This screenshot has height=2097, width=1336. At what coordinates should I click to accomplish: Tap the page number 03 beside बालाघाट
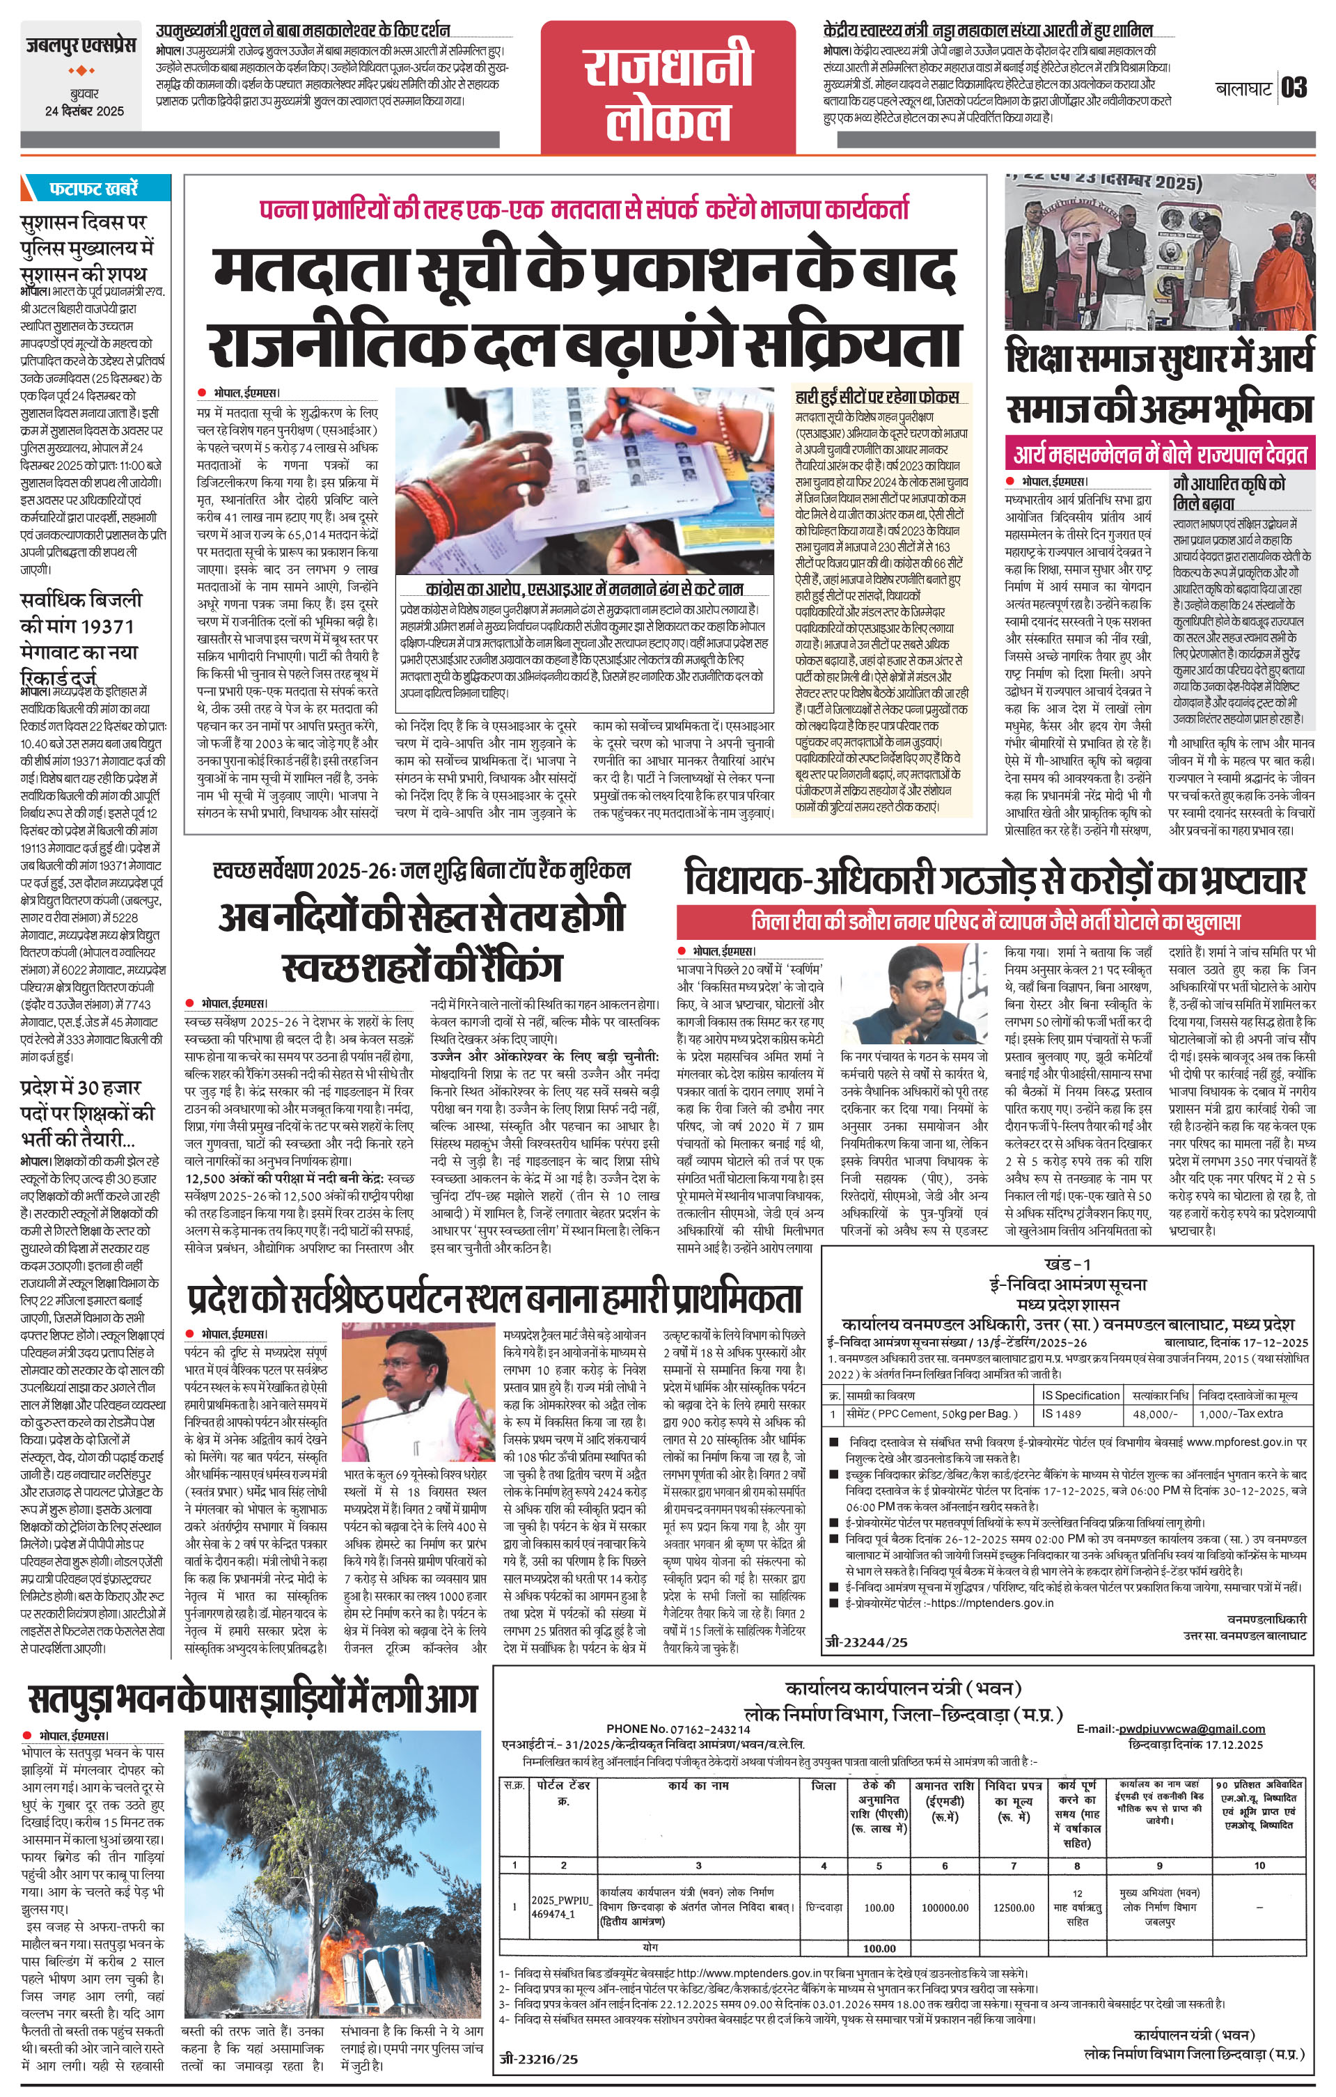click(x=1294, y=88)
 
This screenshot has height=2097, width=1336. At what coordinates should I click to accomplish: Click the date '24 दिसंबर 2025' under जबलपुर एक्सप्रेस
click(x=84, y=111)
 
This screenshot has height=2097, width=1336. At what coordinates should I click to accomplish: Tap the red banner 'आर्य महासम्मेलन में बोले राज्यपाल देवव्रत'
click(x=1159, y=454)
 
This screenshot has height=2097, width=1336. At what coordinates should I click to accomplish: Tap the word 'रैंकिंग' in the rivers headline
click(x=506, y=966)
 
